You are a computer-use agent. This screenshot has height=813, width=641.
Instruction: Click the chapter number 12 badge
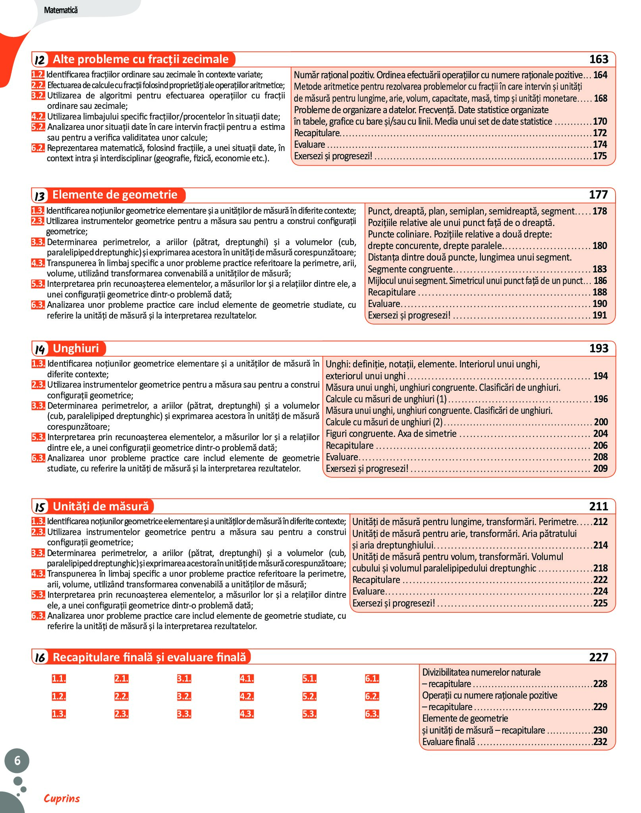coord(40,60)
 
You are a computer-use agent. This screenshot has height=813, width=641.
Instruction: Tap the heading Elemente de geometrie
coord(115,195)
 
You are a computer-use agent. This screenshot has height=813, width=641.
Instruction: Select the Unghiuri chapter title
coord(76,348)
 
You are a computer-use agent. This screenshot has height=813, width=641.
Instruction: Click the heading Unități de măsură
coord(101,506)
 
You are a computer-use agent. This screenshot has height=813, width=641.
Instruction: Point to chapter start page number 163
coord(599,60)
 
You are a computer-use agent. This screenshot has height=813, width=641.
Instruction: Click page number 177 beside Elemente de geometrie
coord(599,195)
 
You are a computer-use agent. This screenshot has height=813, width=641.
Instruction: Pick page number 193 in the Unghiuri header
coord(599,348)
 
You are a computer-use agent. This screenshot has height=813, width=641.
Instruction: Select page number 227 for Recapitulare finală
coord(599,657)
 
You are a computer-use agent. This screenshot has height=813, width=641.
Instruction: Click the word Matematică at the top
coord(61,10)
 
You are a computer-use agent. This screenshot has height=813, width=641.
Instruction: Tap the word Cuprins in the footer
coord(62,798)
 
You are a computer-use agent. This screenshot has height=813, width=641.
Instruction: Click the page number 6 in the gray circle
coord(17,761)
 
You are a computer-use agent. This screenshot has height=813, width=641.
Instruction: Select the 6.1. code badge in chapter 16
coord(372,678)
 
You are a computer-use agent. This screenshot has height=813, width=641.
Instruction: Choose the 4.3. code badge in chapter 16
coord(247,714)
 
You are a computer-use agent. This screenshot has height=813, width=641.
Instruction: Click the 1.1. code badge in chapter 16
coord(59,678)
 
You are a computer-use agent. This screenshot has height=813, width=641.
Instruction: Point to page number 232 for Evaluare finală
coord(600,742)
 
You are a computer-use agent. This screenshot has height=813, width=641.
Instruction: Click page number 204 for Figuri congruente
coord(600,434)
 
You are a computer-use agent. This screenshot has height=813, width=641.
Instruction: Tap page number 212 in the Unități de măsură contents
coord(600,522)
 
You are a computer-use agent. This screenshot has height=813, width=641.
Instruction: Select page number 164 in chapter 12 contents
coord(600,75)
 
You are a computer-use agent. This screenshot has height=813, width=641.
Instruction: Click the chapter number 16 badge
coord(40,658)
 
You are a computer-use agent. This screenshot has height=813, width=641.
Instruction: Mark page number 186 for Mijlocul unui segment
coord(600,281)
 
